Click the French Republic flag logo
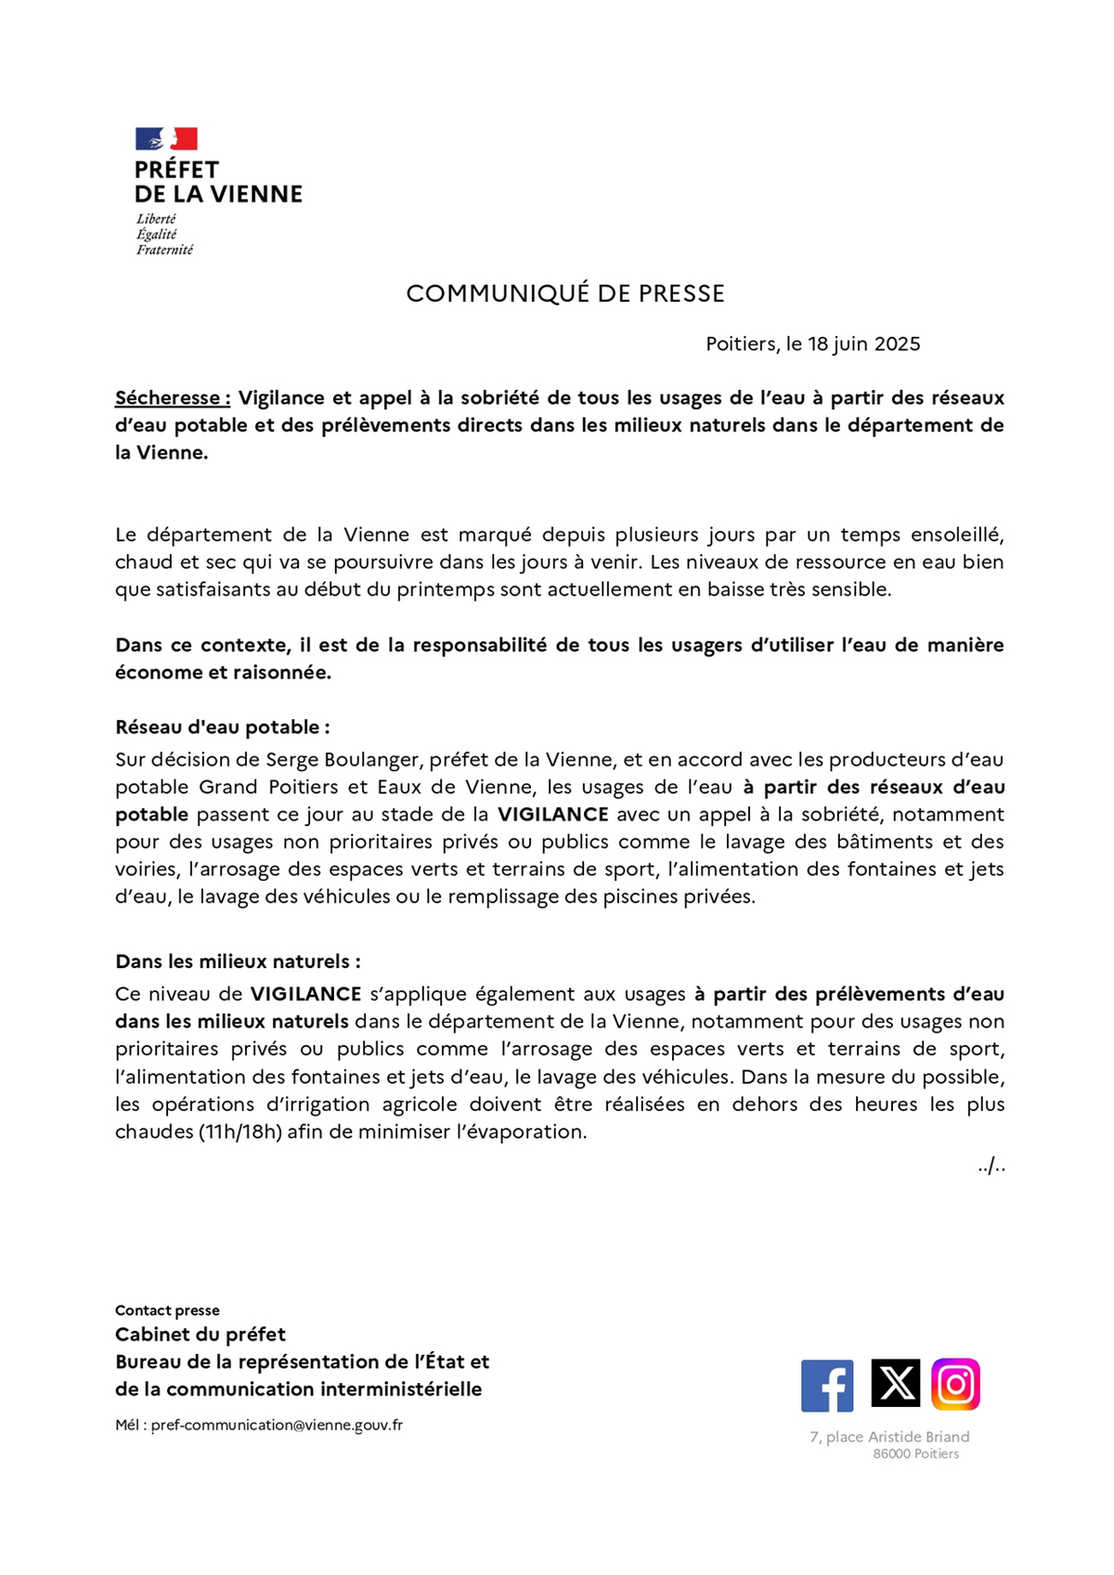(x=166, y=139)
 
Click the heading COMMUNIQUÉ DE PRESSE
(x=564, y=293)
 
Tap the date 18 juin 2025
(x=863, y=344)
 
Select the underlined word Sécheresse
(x=171, y=398)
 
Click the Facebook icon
(x=827, y=1386)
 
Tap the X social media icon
(x=895, y=1383)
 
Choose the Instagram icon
(x=956, y=1384)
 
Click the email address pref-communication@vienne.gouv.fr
(x=277, y=1425)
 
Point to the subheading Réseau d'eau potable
(x=222, y=727)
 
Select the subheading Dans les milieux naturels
(x=237, y=962)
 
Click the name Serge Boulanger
(x=344, y=760)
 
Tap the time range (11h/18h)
(x=240, y=1132)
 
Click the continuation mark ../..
(x=991, y=1166)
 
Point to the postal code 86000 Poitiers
(x=915, y=1453)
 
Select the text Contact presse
(x=167, y=1310)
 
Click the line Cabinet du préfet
(x=200, y=1335)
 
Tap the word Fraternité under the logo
(x=164, y=250)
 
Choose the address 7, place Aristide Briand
(x=889, y=1437)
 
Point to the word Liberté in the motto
(x=156, y=219)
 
